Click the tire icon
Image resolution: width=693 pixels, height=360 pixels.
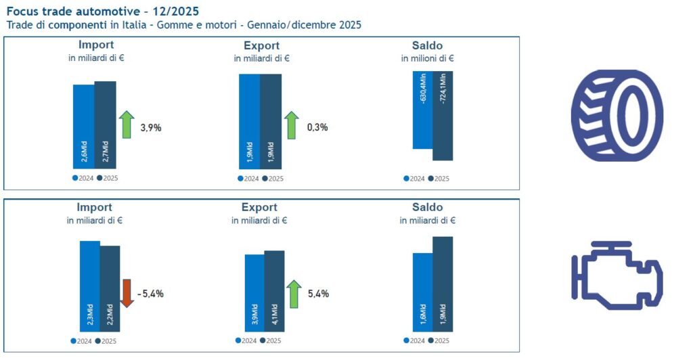617,115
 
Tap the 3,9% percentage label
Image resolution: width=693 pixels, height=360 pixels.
150,127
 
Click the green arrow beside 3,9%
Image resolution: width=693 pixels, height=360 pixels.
127,125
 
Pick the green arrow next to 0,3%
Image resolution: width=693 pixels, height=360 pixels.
291,125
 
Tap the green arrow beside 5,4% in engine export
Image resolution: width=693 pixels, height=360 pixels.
294,293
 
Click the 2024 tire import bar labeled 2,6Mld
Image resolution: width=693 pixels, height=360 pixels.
83,126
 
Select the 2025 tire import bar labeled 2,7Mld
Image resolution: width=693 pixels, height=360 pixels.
105,125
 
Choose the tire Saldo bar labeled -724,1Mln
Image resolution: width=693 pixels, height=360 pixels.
442,115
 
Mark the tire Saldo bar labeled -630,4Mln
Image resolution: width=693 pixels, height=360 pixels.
422,110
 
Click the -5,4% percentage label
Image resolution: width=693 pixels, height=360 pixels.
150,294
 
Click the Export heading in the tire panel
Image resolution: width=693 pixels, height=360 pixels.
261,46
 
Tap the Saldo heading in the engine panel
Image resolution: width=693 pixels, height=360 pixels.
427,207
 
